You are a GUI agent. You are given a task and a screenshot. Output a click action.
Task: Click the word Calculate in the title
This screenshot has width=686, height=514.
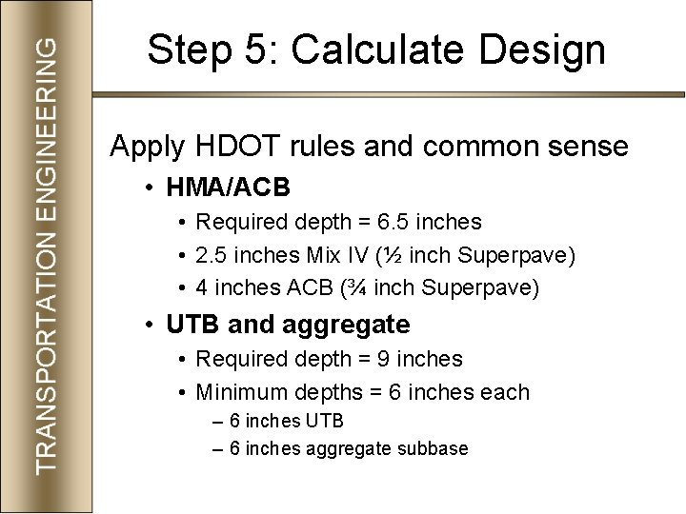[374, 50]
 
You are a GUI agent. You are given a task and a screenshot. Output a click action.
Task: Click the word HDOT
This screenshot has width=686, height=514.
[229, 147]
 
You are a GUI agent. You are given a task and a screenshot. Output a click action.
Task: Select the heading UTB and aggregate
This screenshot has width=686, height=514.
[288, 325]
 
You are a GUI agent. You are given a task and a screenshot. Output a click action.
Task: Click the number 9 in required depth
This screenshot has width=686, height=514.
[385, 360]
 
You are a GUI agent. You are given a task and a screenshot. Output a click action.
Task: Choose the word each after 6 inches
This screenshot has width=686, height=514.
[506, 392]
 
